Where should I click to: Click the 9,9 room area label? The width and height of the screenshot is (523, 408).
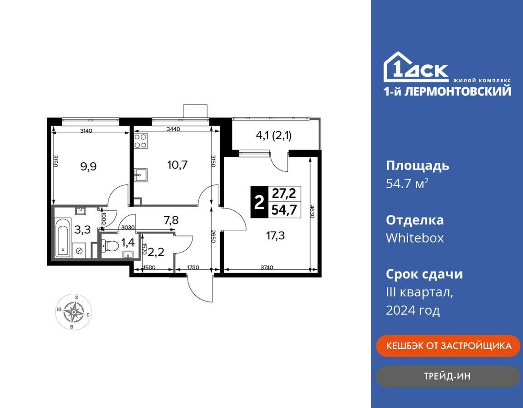89,166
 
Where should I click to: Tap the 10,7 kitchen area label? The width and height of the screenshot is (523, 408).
178,165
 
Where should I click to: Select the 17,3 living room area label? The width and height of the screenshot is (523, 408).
275,236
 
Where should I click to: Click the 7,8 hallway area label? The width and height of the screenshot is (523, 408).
171,220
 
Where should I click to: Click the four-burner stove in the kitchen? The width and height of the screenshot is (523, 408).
141,141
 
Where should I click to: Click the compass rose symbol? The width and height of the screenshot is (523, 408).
74,312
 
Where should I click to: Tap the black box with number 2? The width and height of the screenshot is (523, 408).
259,202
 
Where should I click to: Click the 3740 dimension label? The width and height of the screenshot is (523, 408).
267,267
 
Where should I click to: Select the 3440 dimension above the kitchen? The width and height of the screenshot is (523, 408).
173,129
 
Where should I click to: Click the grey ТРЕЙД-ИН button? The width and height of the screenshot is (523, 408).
448,376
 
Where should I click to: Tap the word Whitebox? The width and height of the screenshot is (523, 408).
414,238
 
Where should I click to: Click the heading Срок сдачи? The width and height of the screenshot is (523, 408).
424,274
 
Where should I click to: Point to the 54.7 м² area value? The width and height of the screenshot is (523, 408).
407,183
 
